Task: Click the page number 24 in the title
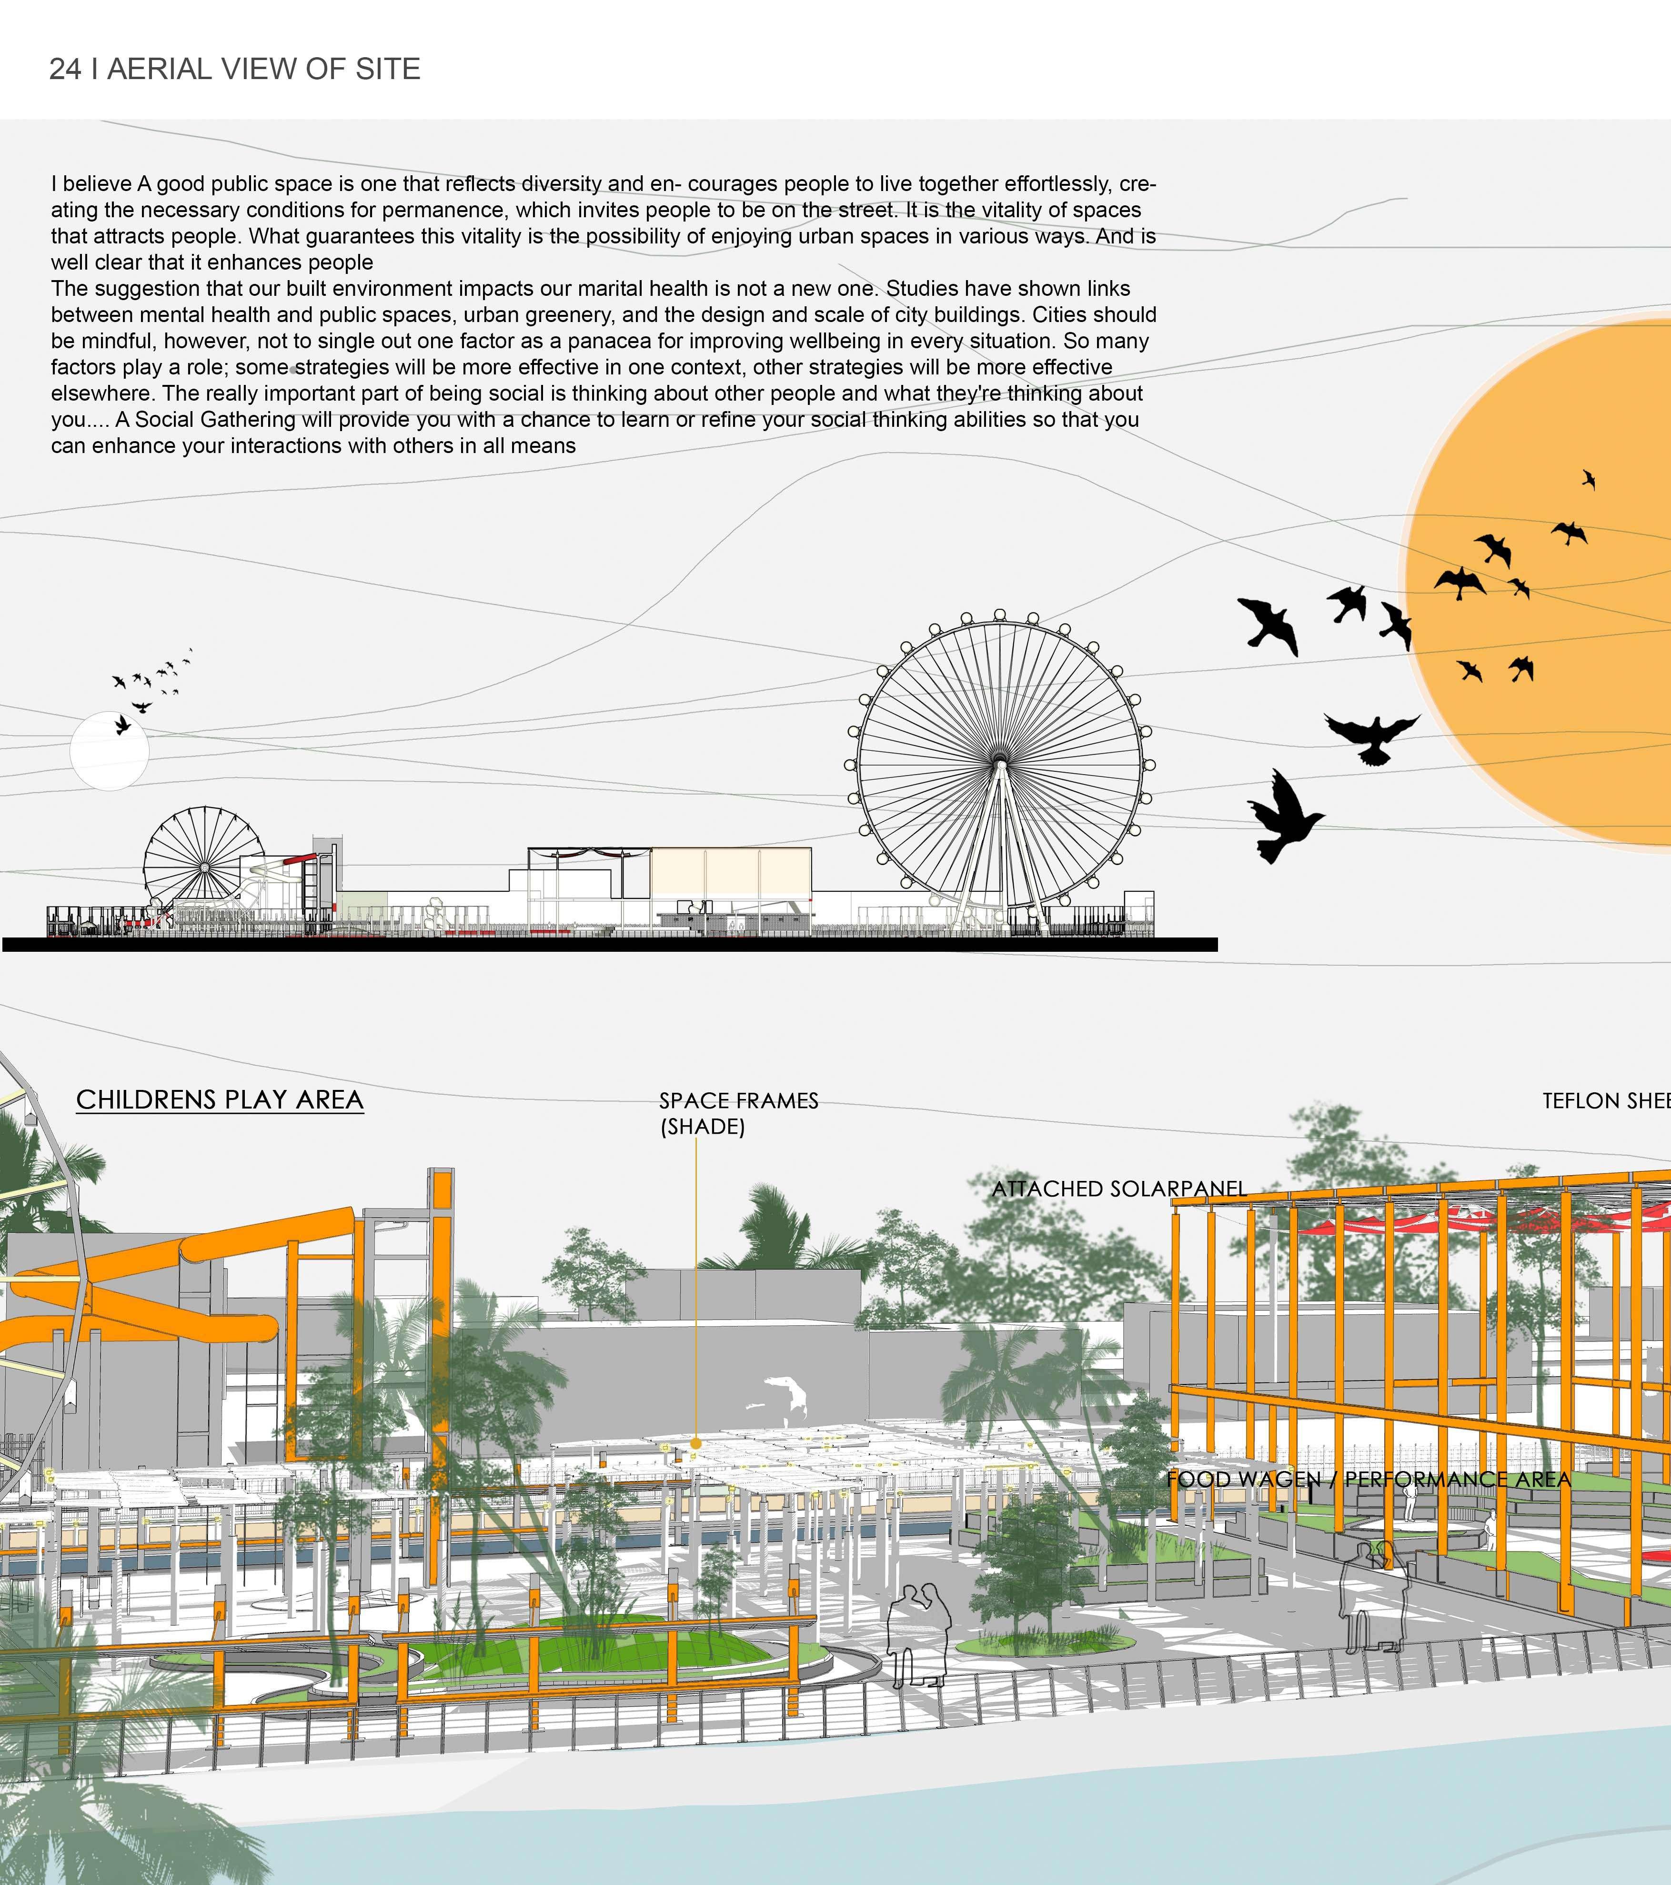click(x=65, y=69)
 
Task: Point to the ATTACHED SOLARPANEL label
click(x=1118, y=1189)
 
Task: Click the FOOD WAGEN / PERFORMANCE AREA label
click(x=1369, y=1479)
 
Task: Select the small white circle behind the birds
click(x=109, y=752)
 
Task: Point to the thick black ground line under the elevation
click(x=609, y=944)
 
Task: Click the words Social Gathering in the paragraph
click(x=218, y=420)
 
